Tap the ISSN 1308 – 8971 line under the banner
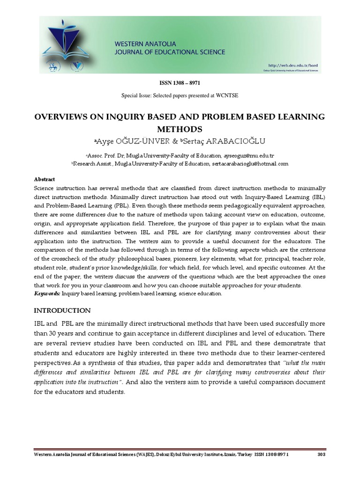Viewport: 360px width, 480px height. click(x=180, y=83)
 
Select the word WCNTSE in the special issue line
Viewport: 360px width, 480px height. click(x=227, y=96)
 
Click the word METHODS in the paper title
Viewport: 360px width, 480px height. click(x=180, y=128)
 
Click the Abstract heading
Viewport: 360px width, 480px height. click(x=45, y=179)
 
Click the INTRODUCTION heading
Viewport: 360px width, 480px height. click(x=63, y=310)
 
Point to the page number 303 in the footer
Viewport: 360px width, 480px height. click(x=321, y=455)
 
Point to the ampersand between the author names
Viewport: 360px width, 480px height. click(x=176, y=141)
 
